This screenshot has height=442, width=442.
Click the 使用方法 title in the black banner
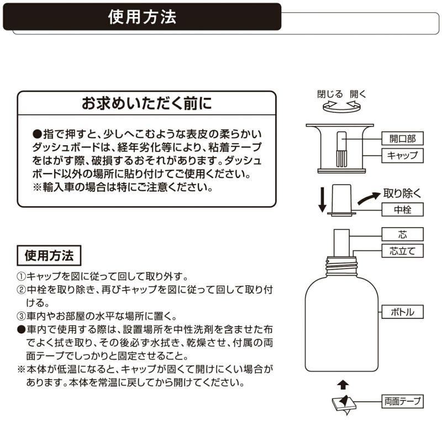pyautogui.click(x=143, y=17)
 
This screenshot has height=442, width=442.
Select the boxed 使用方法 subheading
pyautogui.click(x=49, y=256)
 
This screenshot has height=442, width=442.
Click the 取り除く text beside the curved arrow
pyautogui.click(x=403, y=193)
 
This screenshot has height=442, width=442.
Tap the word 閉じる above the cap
pyautogui.click(x=330, y=93)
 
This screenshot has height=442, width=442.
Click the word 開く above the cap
pyautogui.click(x=358, y=93)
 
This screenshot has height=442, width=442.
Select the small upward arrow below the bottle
pyautogui.click(x=343, y=382)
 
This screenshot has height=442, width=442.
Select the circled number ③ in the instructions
pyautogui.click(x=22, y=317)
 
